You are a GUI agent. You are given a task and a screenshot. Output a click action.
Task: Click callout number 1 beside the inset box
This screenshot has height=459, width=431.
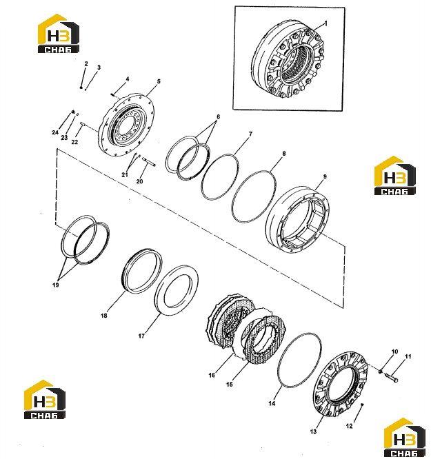[325, 23]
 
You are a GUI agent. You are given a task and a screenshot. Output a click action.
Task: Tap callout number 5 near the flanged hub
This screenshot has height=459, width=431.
[159, 81]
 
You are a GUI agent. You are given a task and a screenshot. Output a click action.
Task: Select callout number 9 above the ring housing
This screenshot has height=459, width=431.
[325, 177]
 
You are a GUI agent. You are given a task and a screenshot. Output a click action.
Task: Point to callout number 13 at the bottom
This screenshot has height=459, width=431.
[313, 431]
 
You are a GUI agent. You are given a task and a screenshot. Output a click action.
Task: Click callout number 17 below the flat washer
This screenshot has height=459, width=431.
[141, 336]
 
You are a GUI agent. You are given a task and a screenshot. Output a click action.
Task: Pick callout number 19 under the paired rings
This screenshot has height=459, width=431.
[55, 285]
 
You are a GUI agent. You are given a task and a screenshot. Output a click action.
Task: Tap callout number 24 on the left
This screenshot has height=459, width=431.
[55, 132]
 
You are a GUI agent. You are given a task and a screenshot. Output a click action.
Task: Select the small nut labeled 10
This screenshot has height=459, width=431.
[380, 371]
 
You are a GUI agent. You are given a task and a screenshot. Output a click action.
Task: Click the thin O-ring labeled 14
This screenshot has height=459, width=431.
[299, 360]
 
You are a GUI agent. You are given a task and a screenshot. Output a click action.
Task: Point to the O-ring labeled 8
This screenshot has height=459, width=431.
[254, 196]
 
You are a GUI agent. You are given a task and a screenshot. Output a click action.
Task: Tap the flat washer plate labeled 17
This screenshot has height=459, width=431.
[177, 290]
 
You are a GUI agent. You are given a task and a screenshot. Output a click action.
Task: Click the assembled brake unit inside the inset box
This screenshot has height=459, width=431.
[288, 59]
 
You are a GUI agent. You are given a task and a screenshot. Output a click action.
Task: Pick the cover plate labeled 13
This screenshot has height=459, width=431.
[341, 385]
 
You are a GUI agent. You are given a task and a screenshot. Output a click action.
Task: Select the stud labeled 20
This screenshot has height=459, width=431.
[148, 162]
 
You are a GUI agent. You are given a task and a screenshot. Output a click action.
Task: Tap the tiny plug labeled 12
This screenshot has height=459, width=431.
[363, 405]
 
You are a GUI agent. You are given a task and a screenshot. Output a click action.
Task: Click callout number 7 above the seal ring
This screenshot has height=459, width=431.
[250, 134]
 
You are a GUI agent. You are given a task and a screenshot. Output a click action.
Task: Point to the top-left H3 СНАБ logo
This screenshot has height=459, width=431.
[59, 34]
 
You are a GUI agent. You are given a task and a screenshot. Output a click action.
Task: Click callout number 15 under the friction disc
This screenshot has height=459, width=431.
[230, 385]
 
